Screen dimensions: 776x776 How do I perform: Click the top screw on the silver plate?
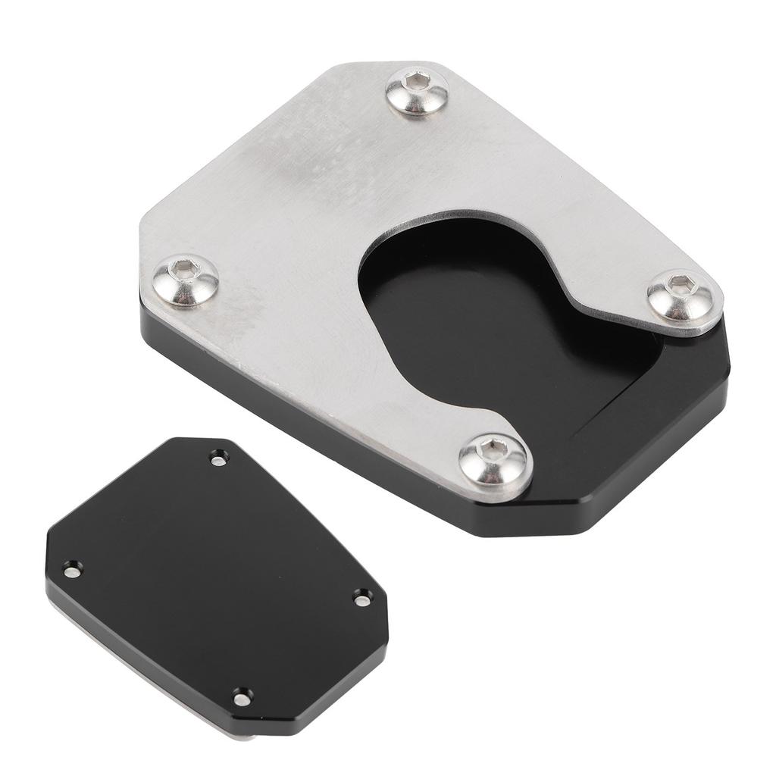point(417,91)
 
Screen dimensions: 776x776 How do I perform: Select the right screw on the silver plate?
point(680,293)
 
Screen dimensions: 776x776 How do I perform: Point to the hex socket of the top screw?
point(414,80)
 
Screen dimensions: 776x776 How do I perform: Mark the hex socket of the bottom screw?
point(493,447)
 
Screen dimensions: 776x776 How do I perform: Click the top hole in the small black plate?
point(218,458)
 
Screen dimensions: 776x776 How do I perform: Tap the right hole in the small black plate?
point(361,599)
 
